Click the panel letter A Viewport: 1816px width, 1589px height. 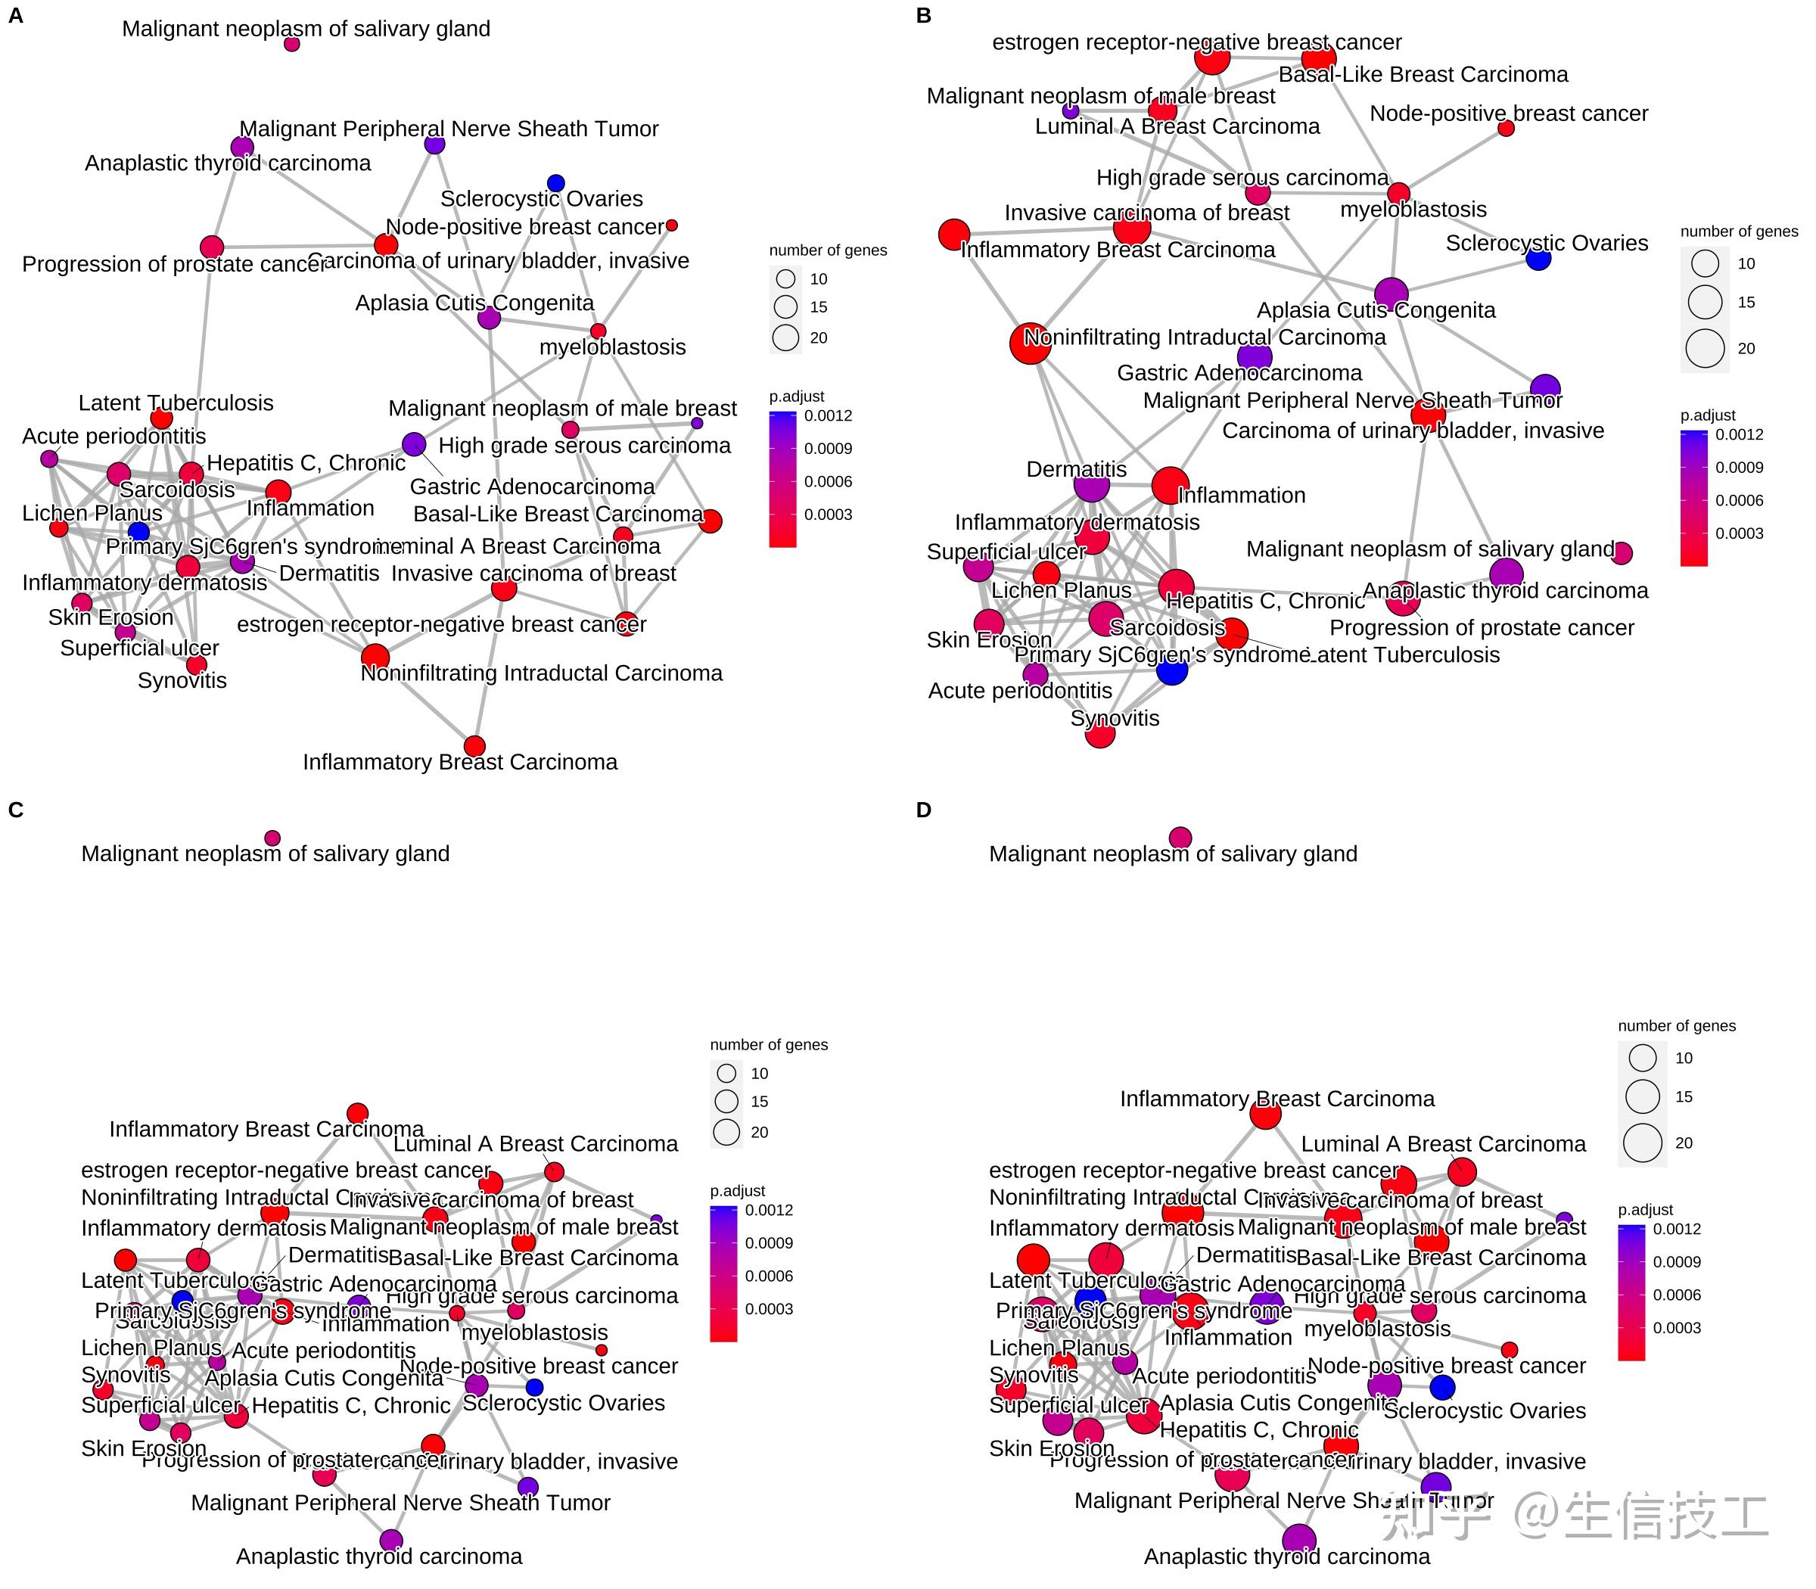[x=15, y=15]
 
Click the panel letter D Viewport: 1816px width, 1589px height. [x=923, y=810]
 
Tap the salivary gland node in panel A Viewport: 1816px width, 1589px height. [x=292, y=43]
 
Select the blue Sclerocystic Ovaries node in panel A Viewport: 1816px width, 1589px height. [x=556, y=182]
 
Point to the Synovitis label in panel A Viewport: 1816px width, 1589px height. [x=182, y=680]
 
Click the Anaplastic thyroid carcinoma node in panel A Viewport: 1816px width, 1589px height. [x=242, y=148]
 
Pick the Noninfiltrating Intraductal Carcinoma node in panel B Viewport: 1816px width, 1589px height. [x=1031, y=344]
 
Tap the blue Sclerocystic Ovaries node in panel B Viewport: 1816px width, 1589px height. [x=1538, y=259]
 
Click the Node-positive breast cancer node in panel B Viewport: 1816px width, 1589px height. [x=1506, y=129]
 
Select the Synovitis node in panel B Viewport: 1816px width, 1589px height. [x=1099, y=734]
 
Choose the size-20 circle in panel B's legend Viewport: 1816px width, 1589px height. [x=1704, y=349]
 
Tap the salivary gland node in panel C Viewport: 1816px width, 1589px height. [x=272, y=838]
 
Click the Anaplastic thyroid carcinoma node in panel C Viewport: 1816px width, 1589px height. [x=391, y=1541]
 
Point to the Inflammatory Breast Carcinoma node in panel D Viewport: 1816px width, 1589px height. [x=1265, y=1114]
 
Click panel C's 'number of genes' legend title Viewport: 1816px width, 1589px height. [x=768, y=1044]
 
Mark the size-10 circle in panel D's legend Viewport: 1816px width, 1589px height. [x=1642, y=1057]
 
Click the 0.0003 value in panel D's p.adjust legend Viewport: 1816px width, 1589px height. [x=1677, y=1327]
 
